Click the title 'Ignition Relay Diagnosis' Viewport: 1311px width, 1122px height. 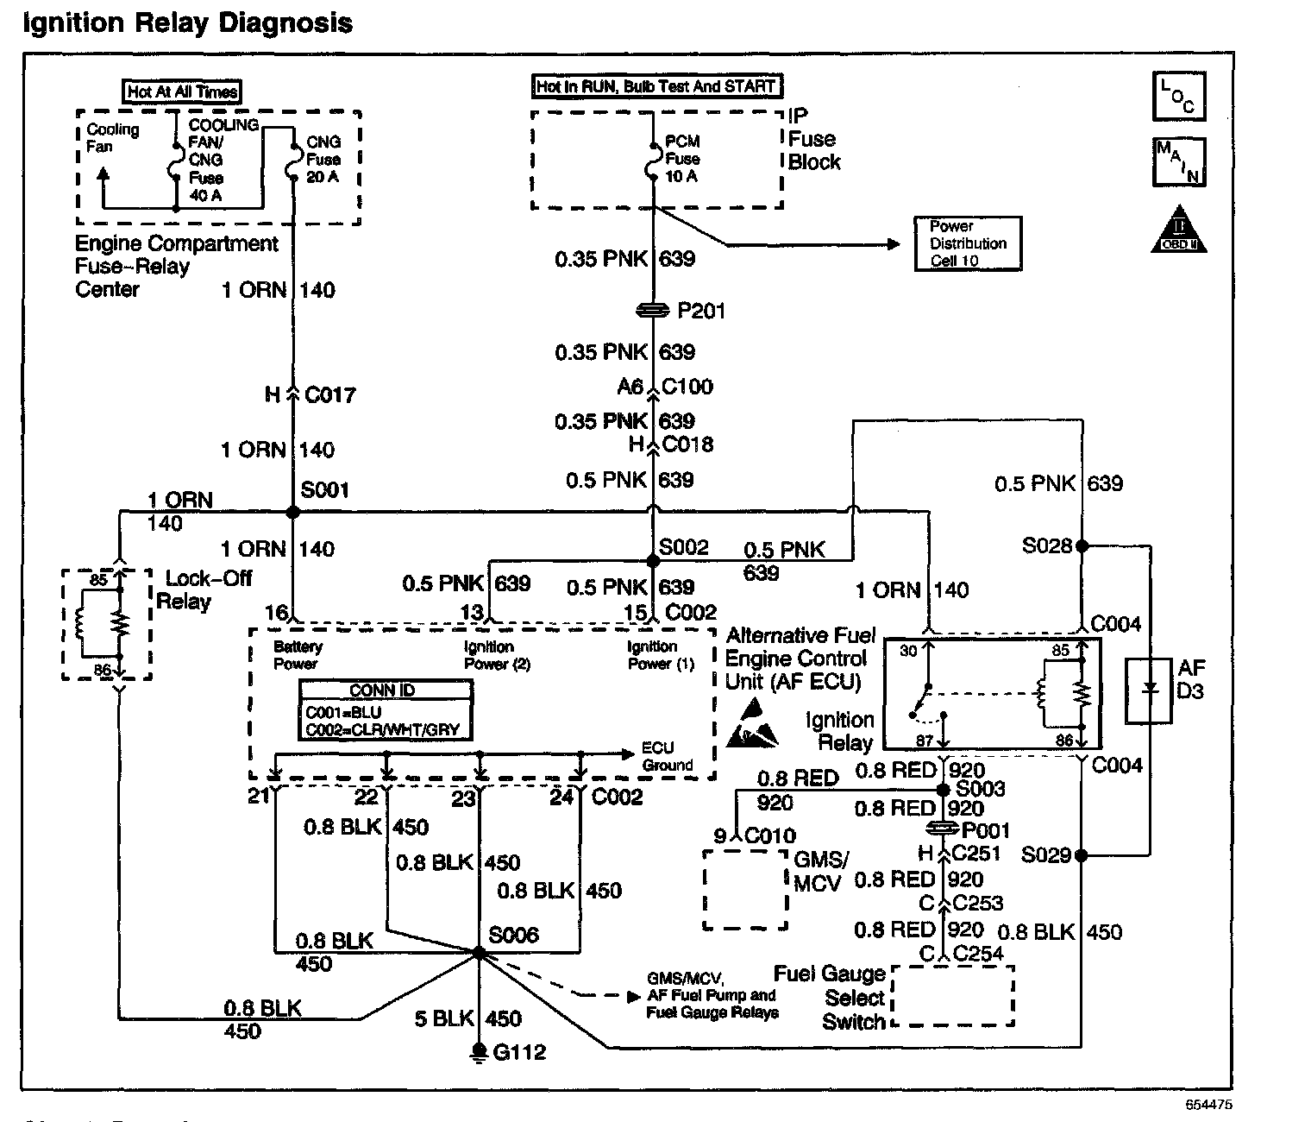[187, 22]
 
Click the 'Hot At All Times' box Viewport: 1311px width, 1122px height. [183, 91]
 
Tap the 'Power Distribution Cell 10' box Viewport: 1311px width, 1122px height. [968, 243]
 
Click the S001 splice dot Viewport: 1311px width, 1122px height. [293, 513]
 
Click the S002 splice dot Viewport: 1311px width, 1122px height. [653, 561]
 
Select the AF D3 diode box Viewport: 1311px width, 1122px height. [1149, 690]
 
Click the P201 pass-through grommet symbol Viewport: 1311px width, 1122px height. [653, 310]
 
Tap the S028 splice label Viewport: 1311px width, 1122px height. [1046, 545]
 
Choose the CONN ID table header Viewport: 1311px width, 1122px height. [386, 690]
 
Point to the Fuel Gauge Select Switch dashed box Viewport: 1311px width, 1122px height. [952, 996]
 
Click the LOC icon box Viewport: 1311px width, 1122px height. [1178, 97]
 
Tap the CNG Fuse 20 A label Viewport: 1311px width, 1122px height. [323, 160]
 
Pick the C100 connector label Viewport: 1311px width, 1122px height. [687, 386]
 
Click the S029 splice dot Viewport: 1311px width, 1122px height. [1082, 855]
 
